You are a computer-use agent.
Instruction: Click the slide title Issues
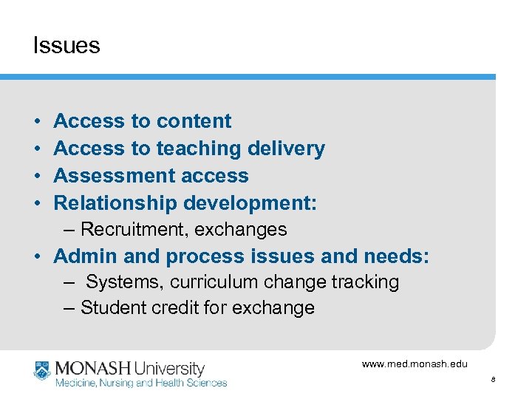click(x=66, y=46)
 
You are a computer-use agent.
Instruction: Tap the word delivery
click(x=285, y=149)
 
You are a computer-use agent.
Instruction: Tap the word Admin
click(x=81, y=256)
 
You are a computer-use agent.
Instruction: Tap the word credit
click(x=174, y=307)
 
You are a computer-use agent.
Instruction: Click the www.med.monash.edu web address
click(x=415, y=364)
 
